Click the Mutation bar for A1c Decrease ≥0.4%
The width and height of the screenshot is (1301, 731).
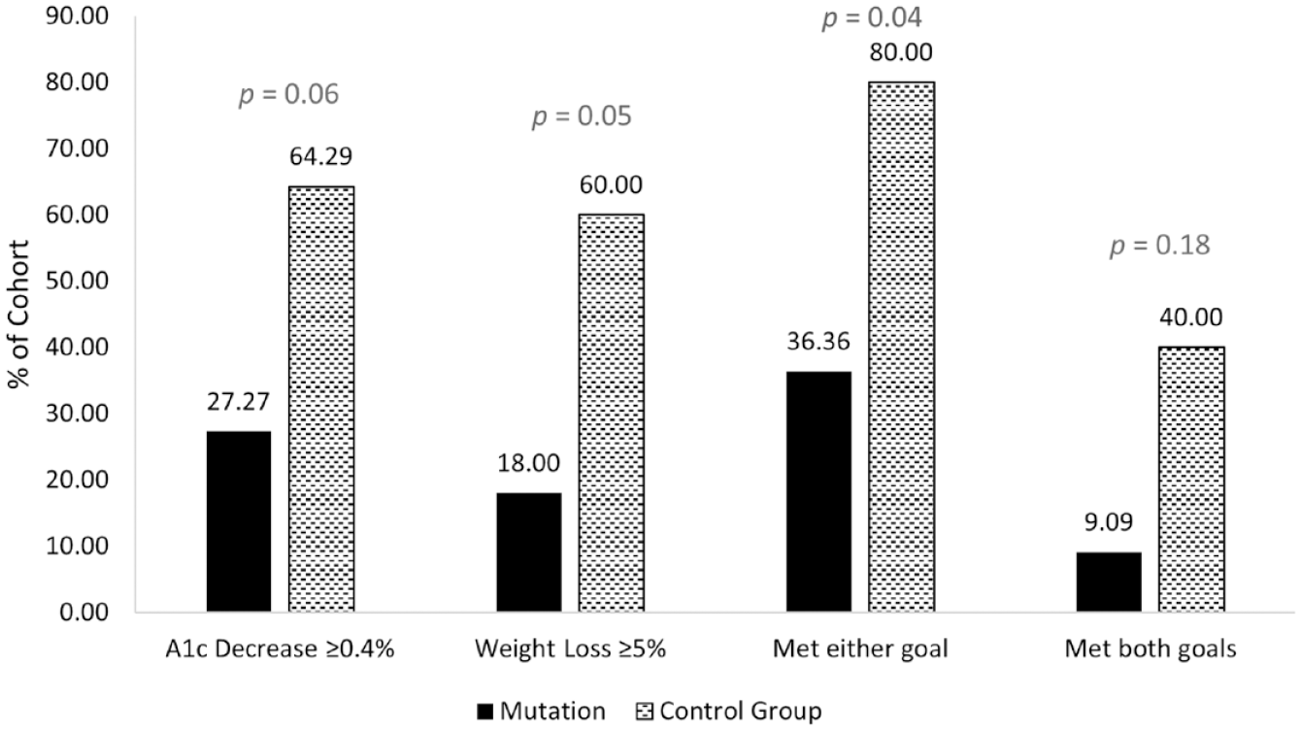[x=239, y=520]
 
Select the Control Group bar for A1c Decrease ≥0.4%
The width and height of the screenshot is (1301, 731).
[x=321, y=399]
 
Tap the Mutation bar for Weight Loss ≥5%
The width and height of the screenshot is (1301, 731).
[x=529, y=551]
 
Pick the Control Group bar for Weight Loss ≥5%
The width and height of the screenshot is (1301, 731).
[x=611, y=413]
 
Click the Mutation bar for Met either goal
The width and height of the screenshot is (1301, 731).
[x=818, y=491]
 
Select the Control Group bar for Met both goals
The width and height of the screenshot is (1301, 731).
[x=1191, y=479]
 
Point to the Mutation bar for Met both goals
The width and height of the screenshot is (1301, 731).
[x=1109, y=581]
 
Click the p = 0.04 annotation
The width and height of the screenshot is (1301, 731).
[x=871, y=18]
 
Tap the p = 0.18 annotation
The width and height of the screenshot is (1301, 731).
[x=1160, y=246]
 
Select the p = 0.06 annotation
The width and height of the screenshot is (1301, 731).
[x=288, y=94]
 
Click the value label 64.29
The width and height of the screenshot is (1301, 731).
[x=320, y=156]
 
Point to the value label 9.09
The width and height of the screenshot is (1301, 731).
[x=1109, y=522]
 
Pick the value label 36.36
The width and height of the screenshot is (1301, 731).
[x=818, y=342]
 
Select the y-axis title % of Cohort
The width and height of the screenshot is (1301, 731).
[x=18, y=315]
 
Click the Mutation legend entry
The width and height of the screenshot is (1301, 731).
[x=542, y=712]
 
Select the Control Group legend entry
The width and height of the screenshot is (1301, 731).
[x=729, y=712]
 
